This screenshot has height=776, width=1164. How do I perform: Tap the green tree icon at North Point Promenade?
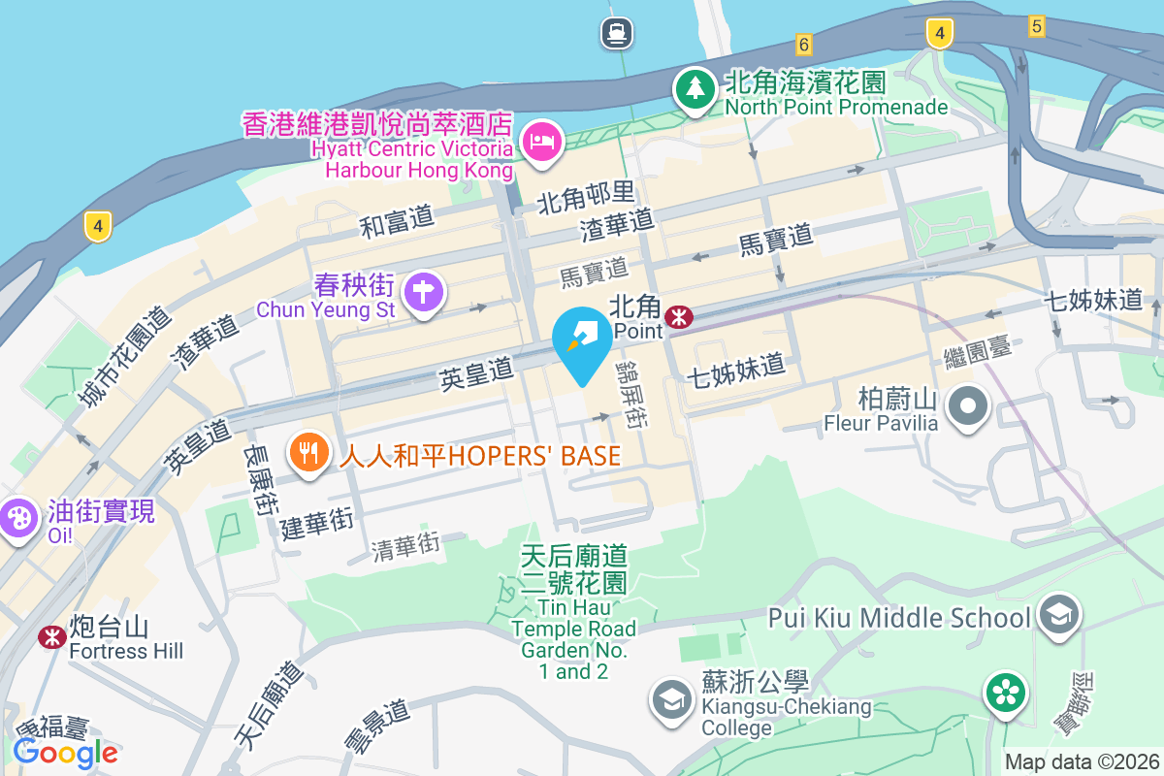695,88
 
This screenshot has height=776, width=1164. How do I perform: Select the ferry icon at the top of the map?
616,33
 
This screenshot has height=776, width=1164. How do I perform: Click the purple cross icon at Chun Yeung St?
423,290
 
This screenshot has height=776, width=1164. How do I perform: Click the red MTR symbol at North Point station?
678,315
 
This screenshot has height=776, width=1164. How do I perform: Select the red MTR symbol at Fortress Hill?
51,637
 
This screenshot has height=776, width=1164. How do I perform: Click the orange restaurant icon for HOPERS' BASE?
308,451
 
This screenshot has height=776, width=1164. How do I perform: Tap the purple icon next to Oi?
18,518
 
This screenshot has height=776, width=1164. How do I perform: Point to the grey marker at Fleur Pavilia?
967,405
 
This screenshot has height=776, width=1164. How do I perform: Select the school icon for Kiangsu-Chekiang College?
671,699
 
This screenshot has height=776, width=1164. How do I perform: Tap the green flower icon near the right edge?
1006,693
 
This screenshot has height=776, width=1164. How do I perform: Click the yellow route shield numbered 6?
802,44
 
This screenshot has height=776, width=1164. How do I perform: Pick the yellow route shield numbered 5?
1036,27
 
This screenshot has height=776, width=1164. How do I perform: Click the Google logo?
65,752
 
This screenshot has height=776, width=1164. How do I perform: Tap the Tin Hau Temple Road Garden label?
574,612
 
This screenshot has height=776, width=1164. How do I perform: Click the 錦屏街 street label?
635,397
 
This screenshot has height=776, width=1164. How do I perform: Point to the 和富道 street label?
397,222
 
